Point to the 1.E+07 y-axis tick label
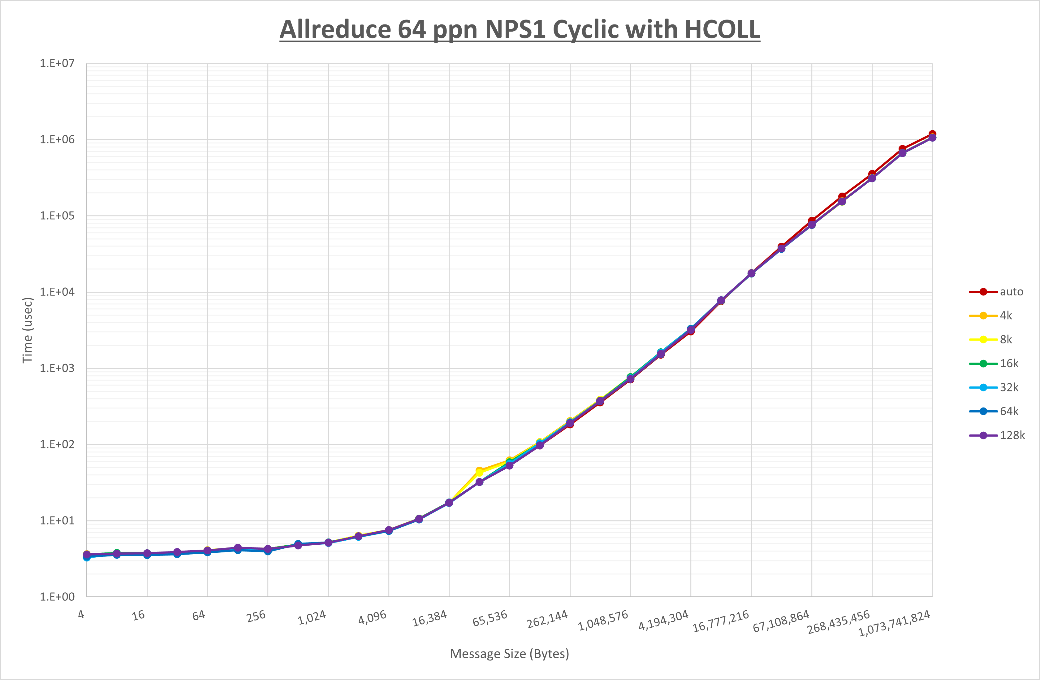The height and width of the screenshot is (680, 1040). tap(57, 63)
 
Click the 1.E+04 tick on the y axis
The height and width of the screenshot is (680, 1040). tap(57, 292)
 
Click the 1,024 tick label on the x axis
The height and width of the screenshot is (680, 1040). tap(312, 618)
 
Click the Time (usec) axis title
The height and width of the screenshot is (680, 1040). tap(27, 330)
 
